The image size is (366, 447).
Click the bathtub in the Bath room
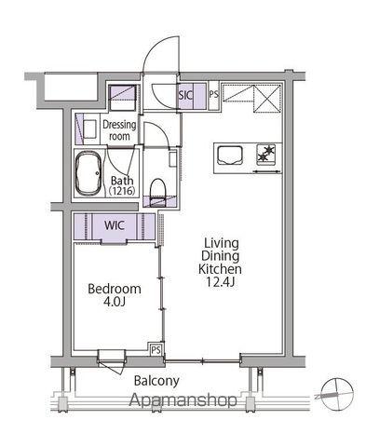click(x=88, y=173)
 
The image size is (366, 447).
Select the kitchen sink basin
click(x=230, y=156)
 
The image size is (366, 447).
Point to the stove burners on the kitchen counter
click(x=266, y=154)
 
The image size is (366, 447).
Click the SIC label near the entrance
click(x=185, y=95)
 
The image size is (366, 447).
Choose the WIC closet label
click(x=115, y=225)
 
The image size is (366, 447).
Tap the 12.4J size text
click(x=220, y=282)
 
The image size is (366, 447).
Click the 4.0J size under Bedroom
click(x=115, y=302)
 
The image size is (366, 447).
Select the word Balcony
click(x=156, y=381)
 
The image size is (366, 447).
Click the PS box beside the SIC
click(x=213, y=95)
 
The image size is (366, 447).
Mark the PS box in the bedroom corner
click(x=156, y=350)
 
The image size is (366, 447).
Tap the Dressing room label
click(x=119, y=130)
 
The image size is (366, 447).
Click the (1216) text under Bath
click(x=122, y=191)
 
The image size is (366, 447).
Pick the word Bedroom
click(x=115, y=289)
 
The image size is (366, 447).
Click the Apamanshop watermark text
click(x=183, y=400)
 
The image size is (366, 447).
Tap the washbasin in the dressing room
click(x=90, y=129)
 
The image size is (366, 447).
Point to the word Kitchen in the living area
click(x=220, y=269)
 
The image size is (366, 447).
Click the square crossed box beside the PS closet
click(x=267, y=98)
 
